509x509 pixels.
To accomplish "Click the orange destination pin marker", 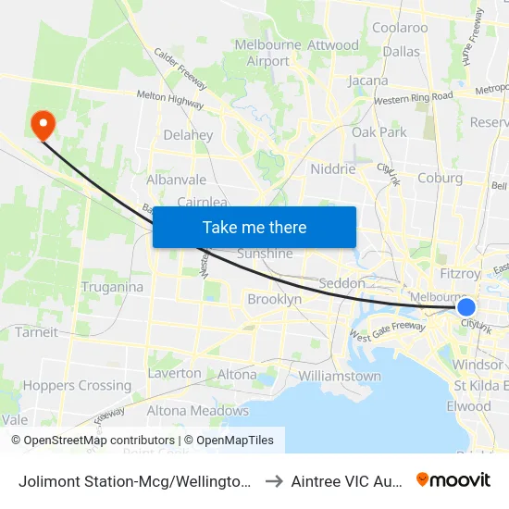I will pyautogui.click(x=43, y=125).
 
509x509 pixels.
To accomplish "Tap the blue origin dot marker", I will pyautogui.click(x=466, y=307).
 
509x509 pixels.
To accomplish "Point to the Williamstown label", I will pyautogui.click(x=340, y=377).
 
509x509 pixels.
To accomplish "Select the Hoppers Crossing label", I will pyautogui.click(x=77, y=386).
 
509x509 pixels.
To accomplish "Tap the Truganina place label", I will pyautogui.click(x=111, y=287).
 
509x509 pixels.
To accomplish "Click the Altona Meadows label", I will pyautogui.click(x=198, y=411).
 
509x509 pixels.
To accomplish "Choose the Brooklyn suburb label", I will pyautogui.click(x=274, y=300).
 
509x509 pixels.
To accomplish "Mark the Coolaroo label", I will pyautogui.click(x=400, y=28).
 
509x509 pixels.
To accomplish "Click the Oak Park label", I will pyautogui.click(x=379, y=132).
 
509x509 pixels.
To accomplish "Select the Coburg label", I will pyautogui.click(x=440, y=179).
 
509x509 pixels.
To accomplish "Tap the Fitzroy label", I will pyautogui.click(x=461, y=274).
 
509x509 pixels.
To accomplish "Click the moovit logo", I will pyautogui.click(x=453, y=479).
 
